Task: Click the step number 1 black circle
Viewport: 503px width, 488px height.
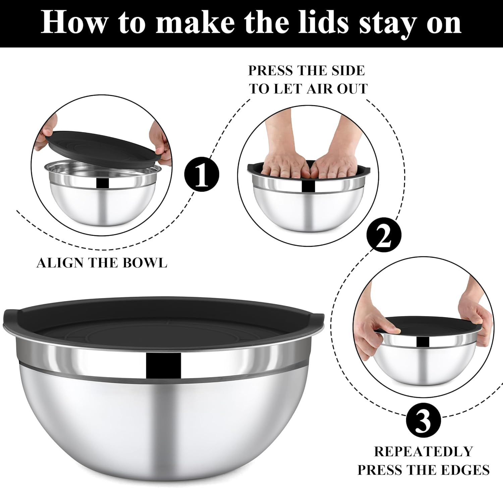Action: point(202,175)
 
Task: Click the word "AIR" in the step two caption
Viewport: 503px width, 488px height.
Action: point(318,89)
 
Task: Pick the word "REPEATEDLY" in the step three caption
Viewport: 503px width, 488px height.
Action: point(423,451)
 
